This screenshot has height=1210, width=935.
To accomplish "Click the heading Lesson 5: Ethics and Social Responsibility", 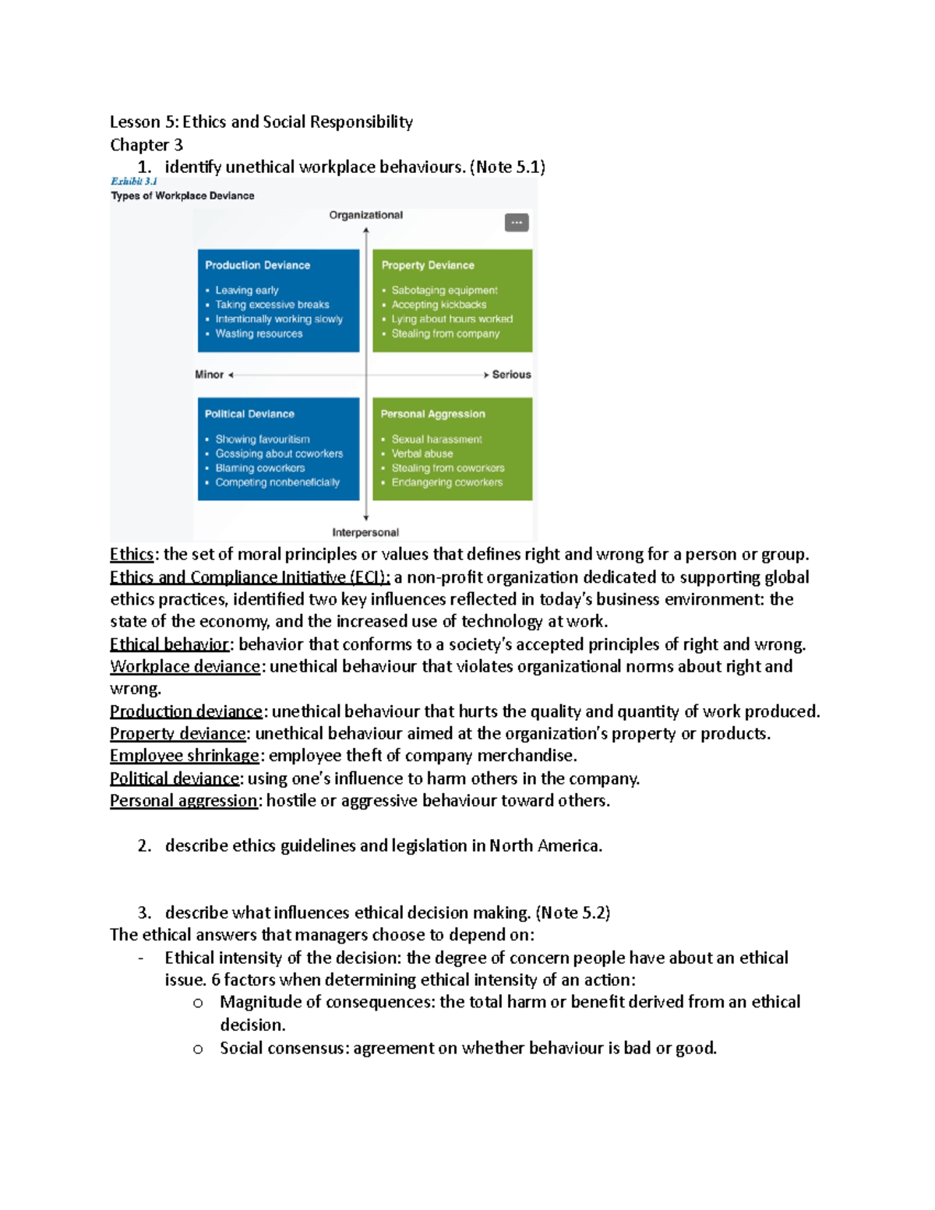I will click(261, 122).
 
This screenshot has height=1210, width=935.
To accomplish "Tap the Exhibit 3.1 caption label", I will click(134, 182).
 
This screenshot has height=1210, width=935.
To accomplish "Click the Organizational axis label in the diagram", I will click(365, 215).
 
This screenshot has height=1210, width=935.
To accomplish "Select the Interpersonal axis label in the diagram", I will click(365, 532).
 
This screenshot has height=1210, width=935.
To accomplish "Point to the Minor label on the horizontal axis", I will click(209, 375).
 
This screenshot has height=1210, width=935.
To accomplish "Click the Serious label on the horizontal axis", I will click(511, 375).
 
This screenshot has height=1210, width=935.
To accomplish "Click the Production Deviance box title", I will click(257, 265).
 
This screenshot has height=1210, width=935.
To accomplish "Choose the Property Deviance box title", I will click(427, 265).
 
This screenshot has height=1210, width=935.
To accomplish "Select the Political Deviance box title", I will click(249, 414).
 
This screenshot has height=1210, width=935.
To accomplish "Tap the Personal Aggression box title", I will click(432, 414).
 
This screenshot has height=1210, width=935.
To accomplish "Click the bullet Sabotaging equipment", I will click(444, 290).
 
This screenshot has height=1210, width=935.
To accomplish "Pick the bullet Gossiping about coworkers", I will click(279, 453).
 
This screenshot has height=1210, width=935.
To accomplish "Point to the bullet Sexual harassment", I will click(436, 439).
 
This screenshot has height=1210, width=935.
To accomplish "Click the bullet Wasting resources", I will click(259, 333).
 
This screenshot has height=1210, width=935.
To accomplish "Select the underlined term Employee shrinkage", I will click(185, 756).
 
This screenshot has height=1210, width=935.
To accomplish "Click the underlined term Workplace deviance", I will click(185, 666).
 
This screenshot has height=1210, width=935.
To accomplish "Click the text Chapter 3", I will click(146, 145).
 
